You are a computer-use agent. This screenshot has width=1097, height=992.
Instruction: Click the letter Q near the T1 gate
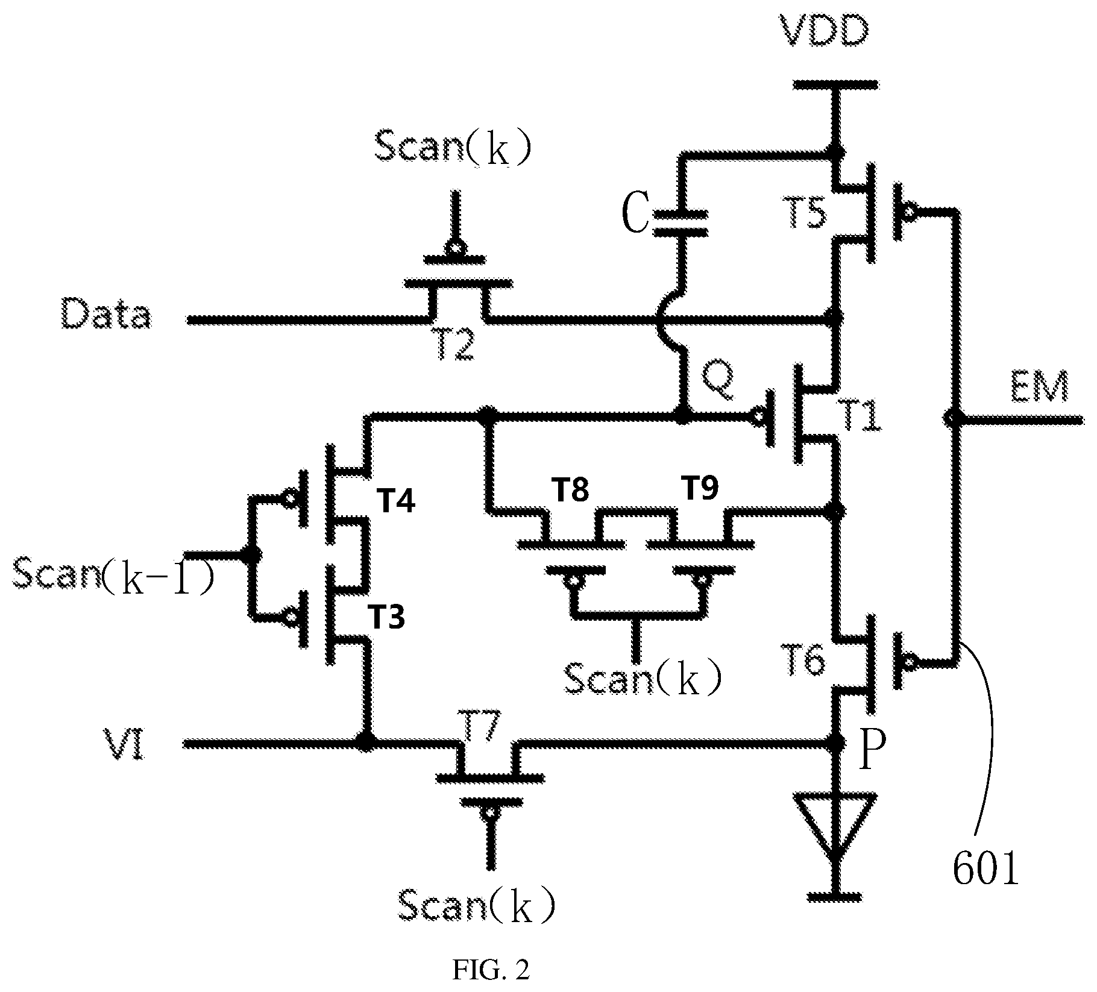pos(718,381)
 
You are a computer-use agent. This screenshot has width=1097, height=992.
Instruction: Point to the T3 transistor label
pos(386,617)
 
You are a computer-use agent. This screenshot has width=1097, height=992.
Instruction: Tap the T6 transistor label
pos(805,662)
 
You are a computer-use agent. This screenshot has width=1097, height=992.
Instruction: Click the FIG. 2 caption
pos(491,971)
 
